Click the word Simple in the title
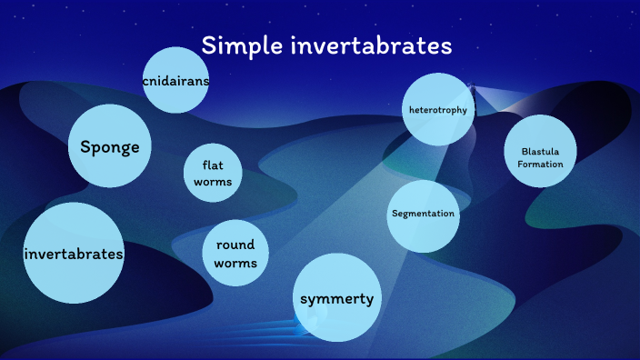pyautogui.click(x=238, y=45)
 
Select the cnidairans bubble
pyautogui.click(x=176, y=81)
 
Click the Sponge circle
pyautogui.click(x=110, y=146)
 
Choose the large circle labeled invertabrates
pyautogui.click(x=74, y=254)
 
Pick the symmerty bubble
pyautogui.click(x=336, y=298)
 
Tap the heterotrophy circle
pyautogui.click(x=438, y=110)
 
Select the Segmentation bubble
pyautogui.click(x=423, y=215)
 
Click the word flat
pyautogui.click(x=213, y=165)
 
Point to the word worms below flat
pyautogui.click(x=213, y=181)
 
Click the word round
pyautogui.click(x=235, y=245)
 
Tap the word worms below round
pyautogui.click(x=235, y=263)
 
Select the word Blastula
pyautogui.click(x=541, y=151)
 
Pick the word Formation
pyautogui.click(x=541, y=164)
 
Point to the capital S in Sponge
pyautogui.click(x=85, y=146)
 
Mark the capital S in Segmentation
pyautogui.click(x=394, y=215)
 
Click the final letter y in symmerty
pyautogui.click(x=369, y=299)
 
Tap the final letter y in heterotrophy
pyautogui.click(x=465, y=111)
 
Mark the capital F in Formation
pyautogui.click(x=520, y=164)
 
